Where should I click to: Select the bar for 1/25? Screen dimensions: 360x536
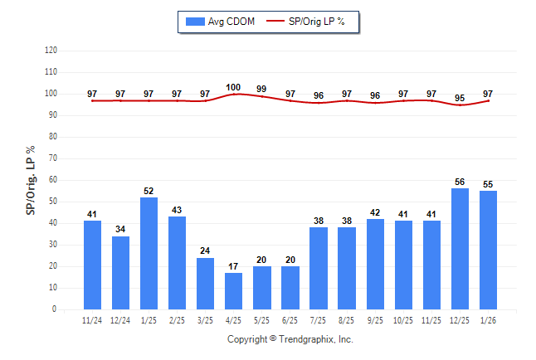click(149, 253)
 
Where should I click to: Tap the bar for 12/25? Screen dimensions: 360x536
click(460, 249)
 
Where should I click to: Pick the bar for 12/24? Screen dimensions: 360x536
click(121, 273)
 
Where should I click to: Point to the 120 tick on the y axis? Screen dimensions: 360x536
click(51, 51)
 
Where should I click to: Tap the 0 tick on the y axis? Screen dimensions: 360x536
click(55, 309)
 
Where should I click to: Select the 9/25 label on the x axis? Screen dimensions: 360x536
click(375, 319)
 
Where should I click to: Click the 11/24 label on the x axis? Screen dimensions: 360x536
click(93, 319)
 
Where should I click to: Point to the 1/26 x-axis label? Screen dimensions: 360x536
click(488, 319)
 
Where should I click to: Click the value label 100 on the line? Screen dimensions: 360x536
click(234, 87)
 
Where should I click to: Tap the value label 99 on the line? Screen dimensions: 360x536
click(262, 89)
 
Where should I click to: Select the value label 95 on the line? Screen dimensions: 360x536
click(460, 98)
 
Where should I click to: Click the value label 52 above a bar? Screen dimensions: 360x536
click(149, 191)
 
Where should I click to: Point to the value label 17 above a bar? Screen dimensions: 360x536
click(234, 266)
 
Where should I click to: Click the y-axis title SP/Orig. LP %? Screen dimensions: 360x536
click(31, 178)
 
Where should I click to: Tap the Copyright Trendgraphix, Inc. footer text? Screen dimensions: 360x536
click(290, 339)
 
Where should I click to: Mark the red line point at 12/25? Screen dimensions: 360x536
click(460, 105)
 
